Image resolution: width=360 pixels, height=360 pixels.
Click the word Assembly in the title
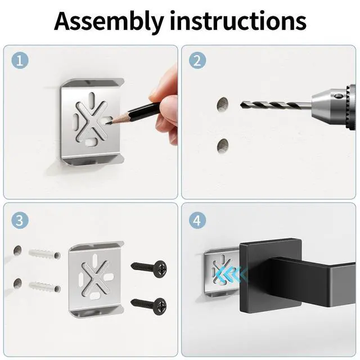point(109,21)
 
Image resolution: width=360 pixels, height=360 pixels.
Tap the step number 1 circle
point(20,61)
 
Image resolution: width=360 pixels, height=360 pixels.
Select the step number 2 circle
point(197,61)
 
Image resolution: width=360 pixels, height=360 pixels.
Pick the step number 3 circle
point(20,220)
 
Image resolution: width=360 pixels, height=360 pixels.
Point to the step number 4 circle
point(197,220)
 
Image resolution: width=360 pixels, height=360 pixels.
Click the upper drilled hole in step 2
point(223,105)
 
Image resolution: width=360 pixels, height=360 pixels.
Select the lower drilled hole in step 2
point(223,146)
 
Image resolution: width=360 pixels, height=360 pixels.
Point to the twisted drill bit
point(276,105)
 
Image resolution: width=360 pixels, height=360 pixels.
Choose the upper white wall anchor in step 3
point(44,254)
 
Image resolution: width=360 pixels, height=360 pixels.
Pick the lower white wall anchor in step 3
point(44,286)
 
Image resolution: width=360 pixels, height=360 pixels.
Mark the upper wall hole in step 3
point(17,250)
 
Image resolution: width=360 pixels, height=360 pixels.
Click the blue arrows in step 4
point(231,274)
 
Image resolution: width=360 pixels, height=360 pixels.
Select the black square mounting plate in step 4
point(271,276)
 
